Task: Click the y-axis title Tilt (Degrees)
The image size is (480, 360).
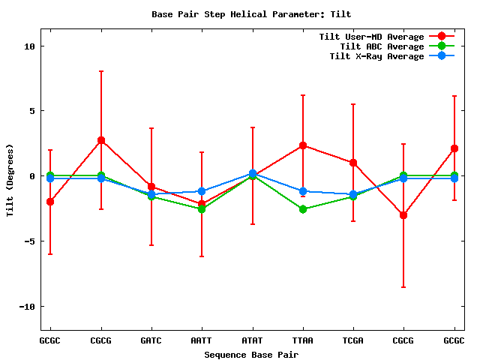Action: click(x=10, y=180)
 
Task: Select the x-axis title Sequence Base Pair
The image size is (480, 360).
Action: click(x=251, y=353)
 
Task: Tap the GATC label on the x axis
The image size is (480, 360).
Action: click(x=151, y=340)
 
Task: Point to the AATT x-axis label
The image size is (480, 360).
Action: click(x=201, y=340)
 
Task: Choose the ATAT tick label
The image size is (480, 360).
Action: click(x=252, y=340)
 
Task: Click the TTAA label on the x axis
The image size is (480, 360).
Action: click(x=302, y=340)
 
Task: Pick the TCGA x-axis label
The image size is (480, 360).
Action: click(x=352, y=340)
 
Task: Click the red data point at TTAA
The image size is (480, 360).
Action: click(x=302, y=145)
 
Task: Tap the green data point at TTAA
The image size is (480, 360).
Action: click(x=302, y=209)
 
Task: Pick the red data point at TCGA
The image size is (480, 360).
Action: click(x=352, y=163)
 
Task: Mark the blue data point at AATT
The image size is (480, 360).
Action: click(x=201, y=191)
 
